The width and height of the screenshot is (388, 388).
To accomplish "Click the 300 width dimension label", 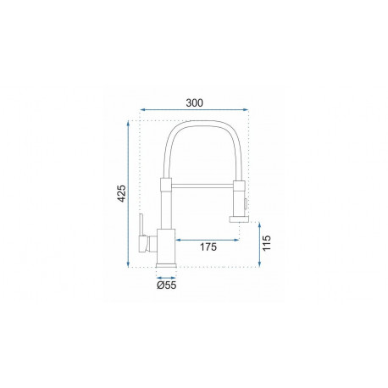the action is coord(194,103).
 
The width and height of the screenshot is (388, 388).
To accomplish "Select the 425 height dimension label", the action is coord(121,193).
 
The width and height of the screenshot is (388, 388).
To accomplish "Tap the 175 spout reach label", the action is coord(208,247).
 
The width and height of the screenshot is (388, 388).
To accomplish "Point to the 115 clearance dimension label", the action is coord(266,243).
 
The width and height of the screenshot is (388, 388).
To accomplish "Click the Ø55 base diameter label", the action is coord(167,285).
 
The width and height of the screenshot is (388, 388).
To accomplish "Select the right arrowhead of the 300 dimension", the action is coord(246,109).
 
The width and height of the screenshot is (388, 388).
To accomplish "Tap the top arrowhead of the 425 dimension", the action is coord(128,123).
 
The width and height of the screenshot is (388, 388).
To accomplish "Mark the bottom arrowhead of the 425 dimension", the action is coord(128,264).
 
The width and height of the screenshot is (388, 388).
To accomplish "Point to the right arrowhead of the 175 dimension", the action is coord(236,240).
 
